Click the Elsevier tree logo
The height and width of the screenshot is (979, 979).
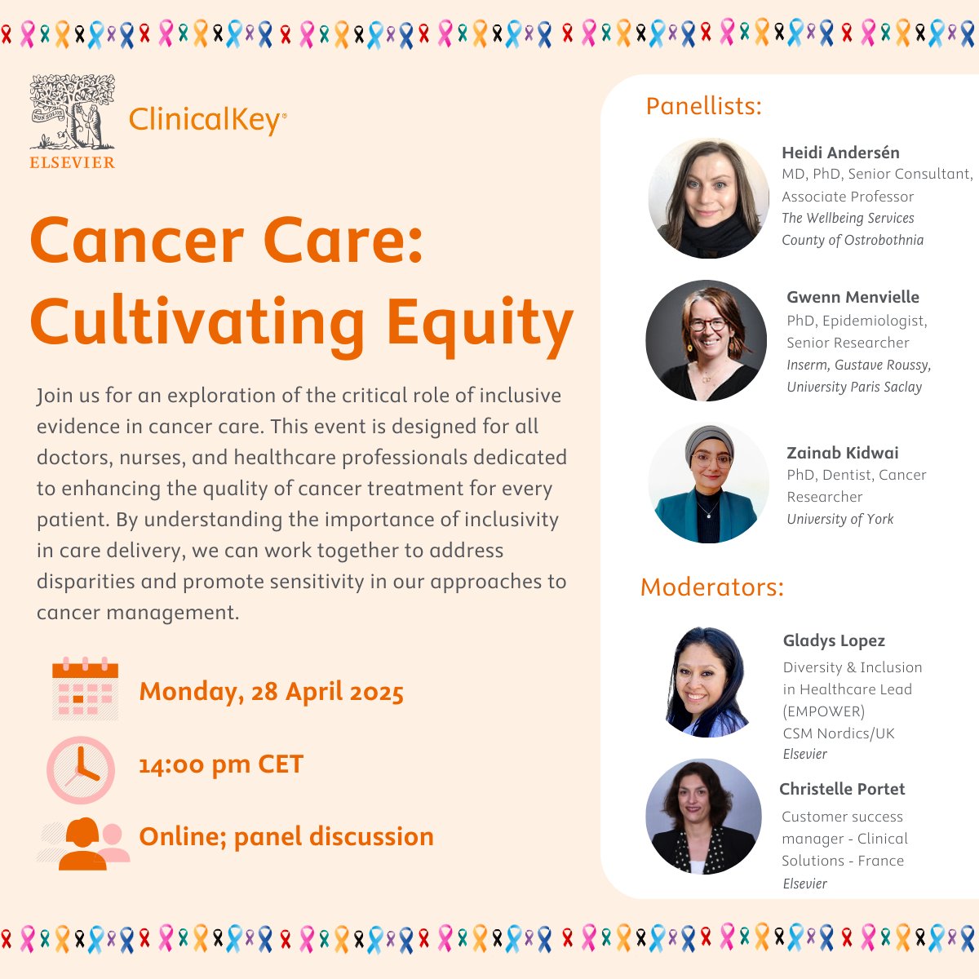point(72,121)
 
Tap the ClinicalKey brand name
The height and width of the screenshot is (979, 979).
point(208,121)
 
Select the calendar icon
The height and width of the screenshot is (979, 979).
point(85,689)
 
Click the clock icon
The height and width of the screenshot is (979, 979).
point(81,769)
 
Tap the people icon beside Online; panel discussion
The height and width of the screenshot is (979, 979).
point(84,844)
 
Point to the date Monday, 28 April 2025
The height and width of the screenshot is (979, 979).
point(272,692)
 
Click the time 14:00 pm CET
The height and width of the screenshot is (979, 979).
point(221,764)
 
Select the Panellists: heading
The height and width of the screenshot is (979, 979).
point(703,106)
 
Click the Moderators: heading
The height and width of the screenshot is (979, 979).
point(711,587)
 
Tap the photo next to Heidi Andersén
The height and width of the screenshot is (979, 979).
point(709,198)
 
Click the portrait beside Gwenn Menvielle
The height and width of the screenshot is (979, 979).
point(707,340)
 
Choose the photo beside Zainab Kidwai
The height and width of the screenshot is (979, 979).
point(709,483)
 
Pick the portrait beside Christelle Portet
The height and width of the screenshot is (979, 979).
point(703,817)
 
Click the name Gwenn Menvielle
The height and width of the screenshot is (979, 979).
point(853,297)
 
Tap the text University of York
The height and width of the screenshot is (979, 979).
point(839,519)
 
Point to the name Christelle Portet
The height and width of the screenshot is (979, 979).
point(842,789)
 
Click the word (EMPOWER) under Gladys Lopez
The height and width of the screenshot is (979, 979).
point(823,711)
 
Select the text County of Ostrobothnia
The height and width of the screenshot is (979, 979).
point(853,240)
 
